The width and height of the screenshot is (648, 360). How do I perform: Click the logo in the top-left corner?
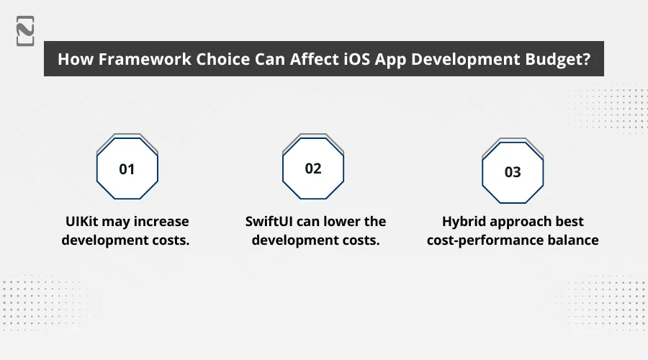click(26, 30)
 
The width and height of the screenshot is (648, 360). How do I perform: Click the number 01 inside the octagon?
click(127, 170)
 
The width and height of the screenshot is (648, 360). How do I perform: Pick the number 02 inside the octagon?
click(313, 168)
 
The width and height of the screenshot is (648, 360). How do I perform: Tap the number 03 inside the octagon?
click(512, 173)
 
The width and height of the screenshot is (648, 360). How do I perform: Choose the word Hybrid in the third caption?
click(466, 221)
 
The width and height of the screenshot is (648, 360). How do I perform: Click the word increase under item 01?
click(160, 221)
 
